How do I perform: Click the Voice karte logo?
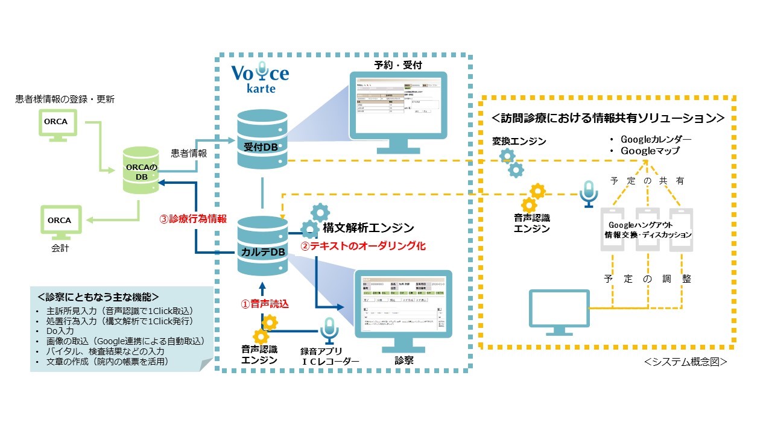[260, 78]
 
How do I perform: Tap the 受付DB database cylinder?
[262, 138]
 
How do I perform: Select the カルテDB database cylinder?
[262, 244]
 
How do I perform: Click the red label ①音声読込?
[265, 304]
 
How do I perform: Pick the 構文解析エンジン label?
[368, 228]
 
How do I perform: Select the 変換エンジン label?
[519, 141]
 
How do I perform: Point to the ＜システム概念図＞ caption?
[685, 362]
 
